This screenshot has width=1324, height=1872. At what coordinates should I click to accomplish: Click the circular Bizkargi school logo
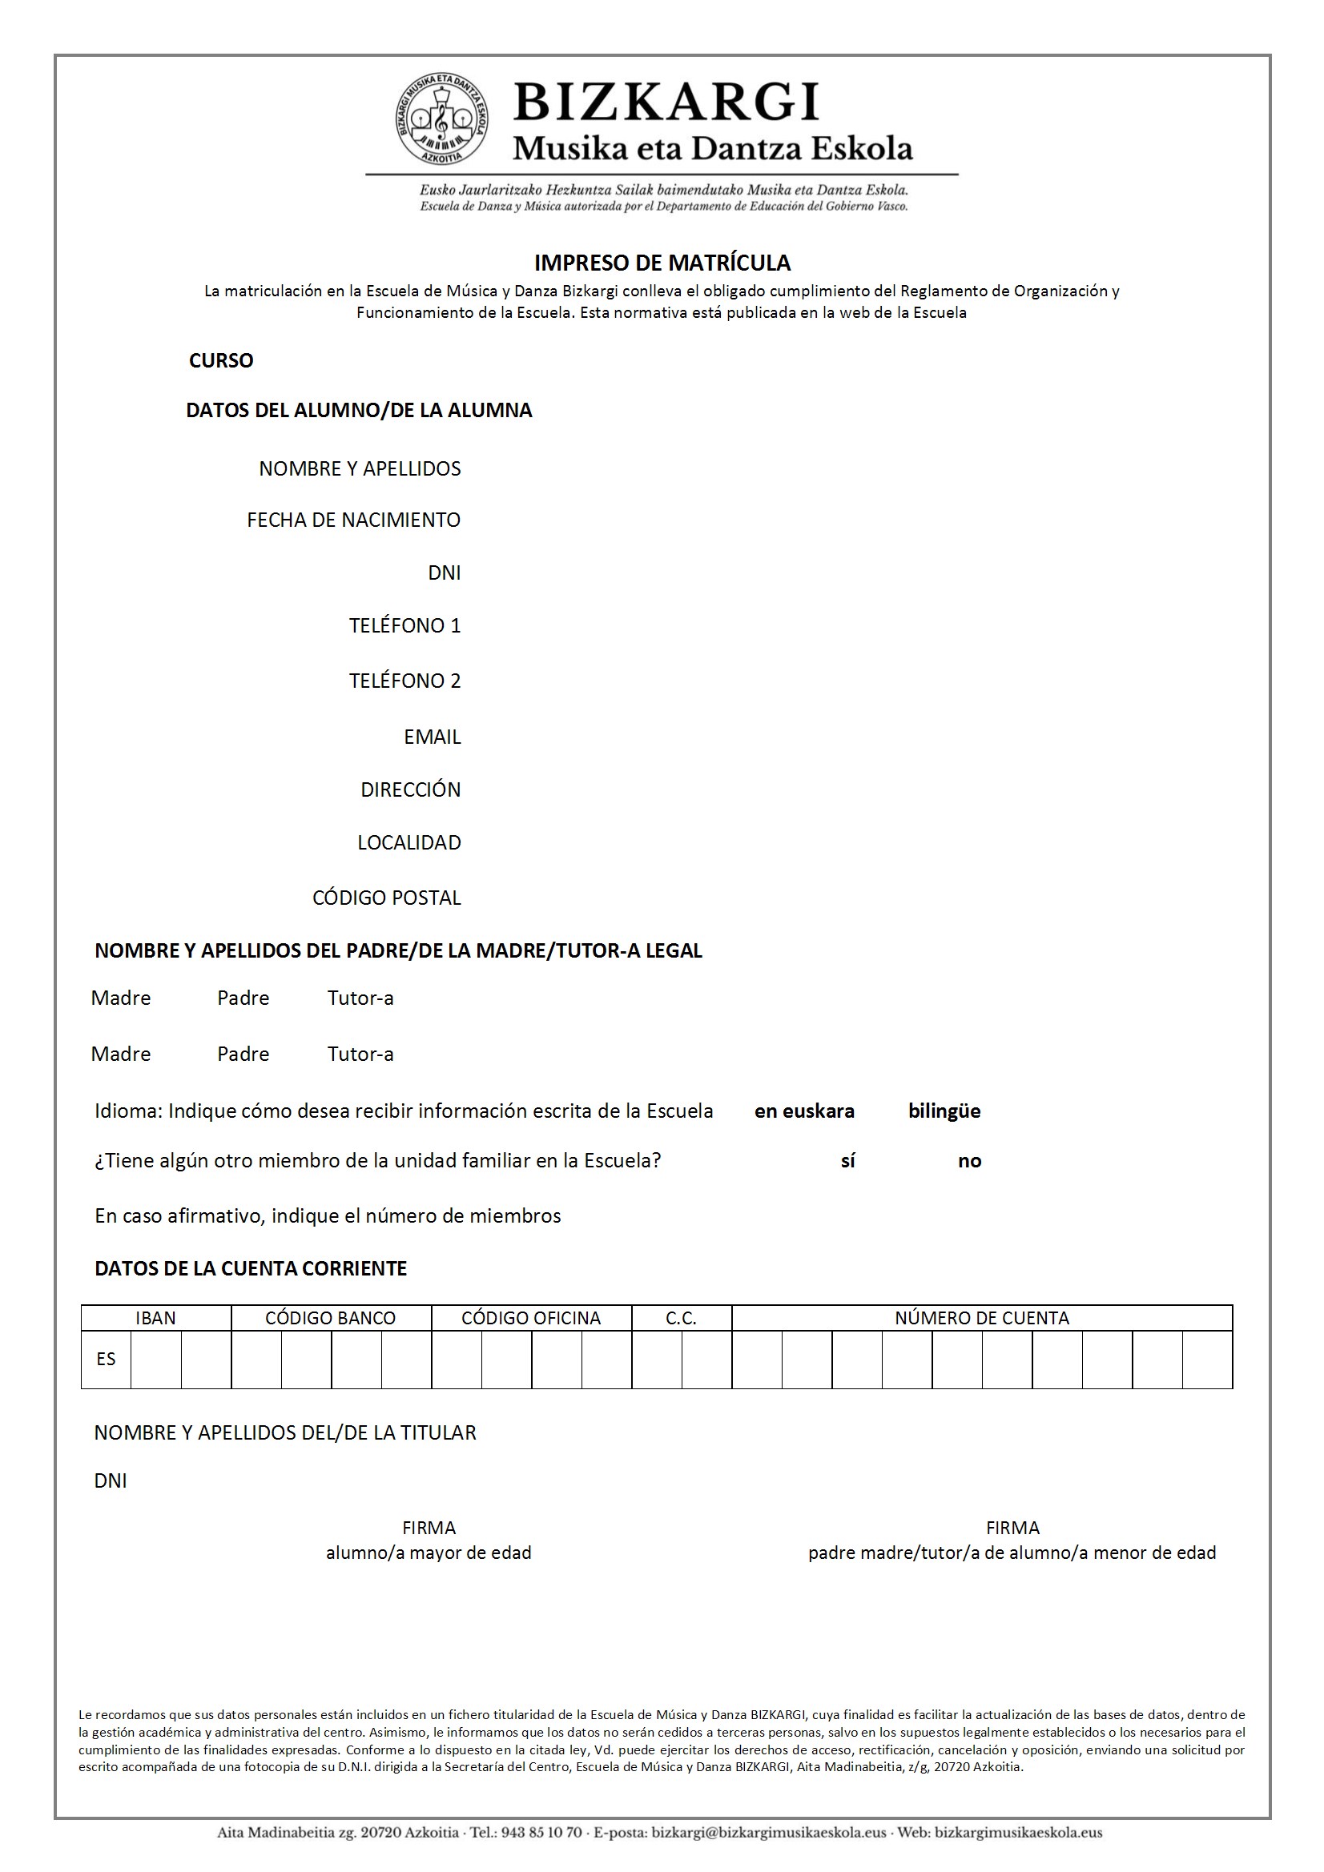coord(442,119)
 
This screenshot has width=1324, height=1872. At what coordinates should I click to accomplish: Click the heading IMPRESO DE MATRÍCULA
coord(662,263)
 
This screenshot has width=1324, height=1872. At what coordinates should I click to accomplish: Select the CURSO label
coord(221,360)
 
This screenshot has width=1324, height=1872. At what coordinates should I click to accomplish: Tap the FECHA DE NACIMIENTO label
coord(353,520)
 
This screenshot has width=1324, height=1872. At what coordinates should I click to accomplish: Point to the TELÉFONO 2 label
coord(404,681)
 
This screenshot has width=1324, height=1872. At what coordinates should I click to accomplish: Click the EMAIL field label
coord(433,737)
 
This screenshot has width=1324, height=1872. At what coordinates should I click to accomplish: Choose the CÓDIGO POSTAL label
coord(387,898)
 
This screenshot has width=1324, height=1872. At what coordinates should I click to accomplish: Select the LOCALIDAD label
coord(408,842)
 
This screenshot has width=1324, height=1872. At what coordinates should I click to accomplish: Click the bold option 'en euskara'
coord(803,1111)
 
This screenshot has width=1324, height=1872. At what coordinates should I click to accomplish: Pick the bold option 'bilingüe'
coord(944,1111)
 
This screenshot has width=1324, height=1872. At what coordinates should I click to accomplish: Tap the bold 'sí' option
coord(847,1161)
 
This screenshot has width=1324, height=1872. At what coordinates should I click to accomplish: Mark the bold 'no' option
coord(969,1161)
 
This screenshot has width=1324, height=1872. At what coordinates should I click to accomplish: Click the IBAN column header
coord(155,1319)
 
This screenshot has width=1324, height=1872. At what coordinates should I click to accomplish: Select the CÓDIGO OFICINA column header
coord(530,1319)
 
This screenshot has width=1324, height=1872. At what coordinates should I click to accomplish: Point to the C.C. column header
coord(680,1319)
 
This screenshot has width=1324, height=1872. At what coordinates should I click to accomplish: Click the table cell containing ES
coord(106,1359)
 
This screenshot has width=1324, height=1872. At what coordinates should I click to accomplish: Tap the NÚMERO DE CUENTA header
coord(981,1319)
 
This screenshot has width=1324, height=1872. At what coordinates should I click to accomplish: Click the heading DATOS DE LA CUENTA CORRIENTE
coord(251,1268)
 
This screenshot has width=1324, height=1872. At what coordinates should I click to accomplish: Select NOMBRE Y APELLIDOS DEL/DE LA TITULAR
coord(284,1432)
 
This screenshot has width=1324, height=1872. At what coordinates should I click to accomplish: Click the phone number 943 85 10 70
coord(541,1833)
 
